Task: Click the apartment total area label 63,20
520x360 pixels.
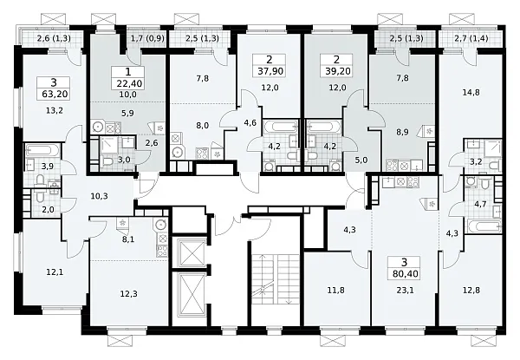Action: point(55,95)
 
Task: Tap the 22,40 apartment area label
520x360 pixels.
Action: point(129,83)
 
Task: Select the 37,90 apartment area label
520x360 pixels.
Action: point(270,71)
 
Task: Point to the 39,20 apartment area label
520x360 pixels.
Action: point(338,71)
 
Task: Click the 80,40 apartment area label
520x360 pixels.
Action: point(406,274)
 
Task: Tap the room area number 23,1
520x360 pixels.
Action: point(406,291)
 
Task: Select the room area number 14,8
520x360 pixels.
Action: point(471,92)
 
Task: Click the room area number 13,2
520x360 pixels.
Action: point(55,111)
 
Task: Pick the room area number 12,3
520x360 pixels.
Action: point(129,294)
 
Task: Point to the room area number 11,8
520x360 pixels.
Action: point(336,291)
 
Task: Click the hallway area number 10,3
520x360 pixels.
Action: point(99,196)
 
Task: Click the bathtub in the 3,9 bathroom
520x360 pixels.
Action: point(42,150)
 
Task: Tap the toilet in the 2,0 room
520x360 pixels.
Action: point(38,197)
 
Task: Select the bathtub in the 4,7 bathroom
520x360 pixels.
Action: point(484,226)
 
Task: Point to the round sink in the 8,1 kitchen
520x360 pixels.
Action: point(159,225)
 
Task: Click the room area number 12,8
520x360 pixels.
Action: point(471,291)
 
